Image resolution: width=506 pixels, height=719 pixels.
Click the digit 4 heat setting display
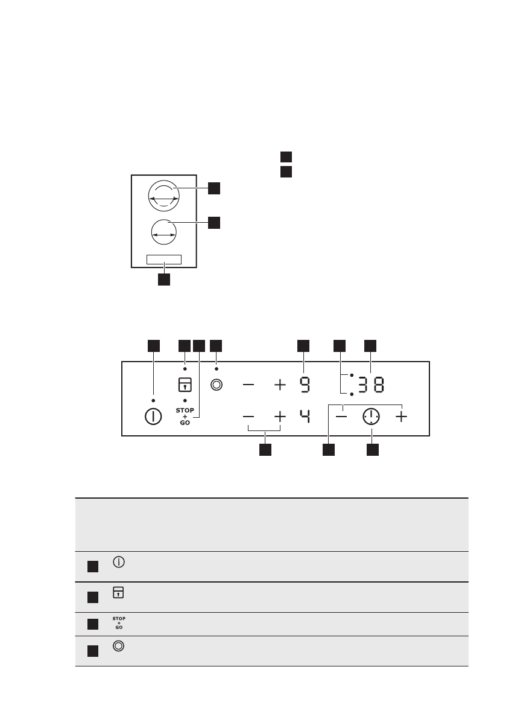point(304,417)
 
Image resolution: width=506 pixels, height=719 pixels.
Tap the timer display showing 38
point(370,385)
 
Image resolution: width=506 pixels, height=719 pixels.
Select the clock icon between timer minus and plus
point(372,417)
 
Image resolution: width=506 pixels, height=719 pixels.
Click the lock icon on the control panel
point(185,385)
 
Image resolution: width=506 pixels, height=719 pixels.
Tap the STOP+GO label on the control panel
point(185,417)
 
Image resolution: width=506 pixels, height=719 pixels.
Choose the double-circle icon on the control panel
point(216,385)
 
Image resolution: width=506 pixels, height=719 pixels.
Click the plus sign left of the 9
point(280,385)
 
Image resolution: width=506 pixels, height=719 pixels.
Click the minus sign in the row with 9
point(249,385)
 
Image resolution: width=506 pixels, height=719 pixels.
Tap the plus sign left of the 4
point(280,417)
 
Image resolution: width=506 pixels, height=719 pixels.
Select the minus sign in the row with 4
point(249,417)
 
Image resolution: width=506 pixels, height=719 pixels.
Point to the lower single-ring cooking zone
point(163,231)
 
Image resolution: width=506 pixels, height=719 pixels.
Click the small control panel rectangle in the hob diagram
point(163,260)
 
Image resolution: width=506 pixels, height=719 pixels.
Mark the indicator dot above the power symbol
point(154,400)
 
